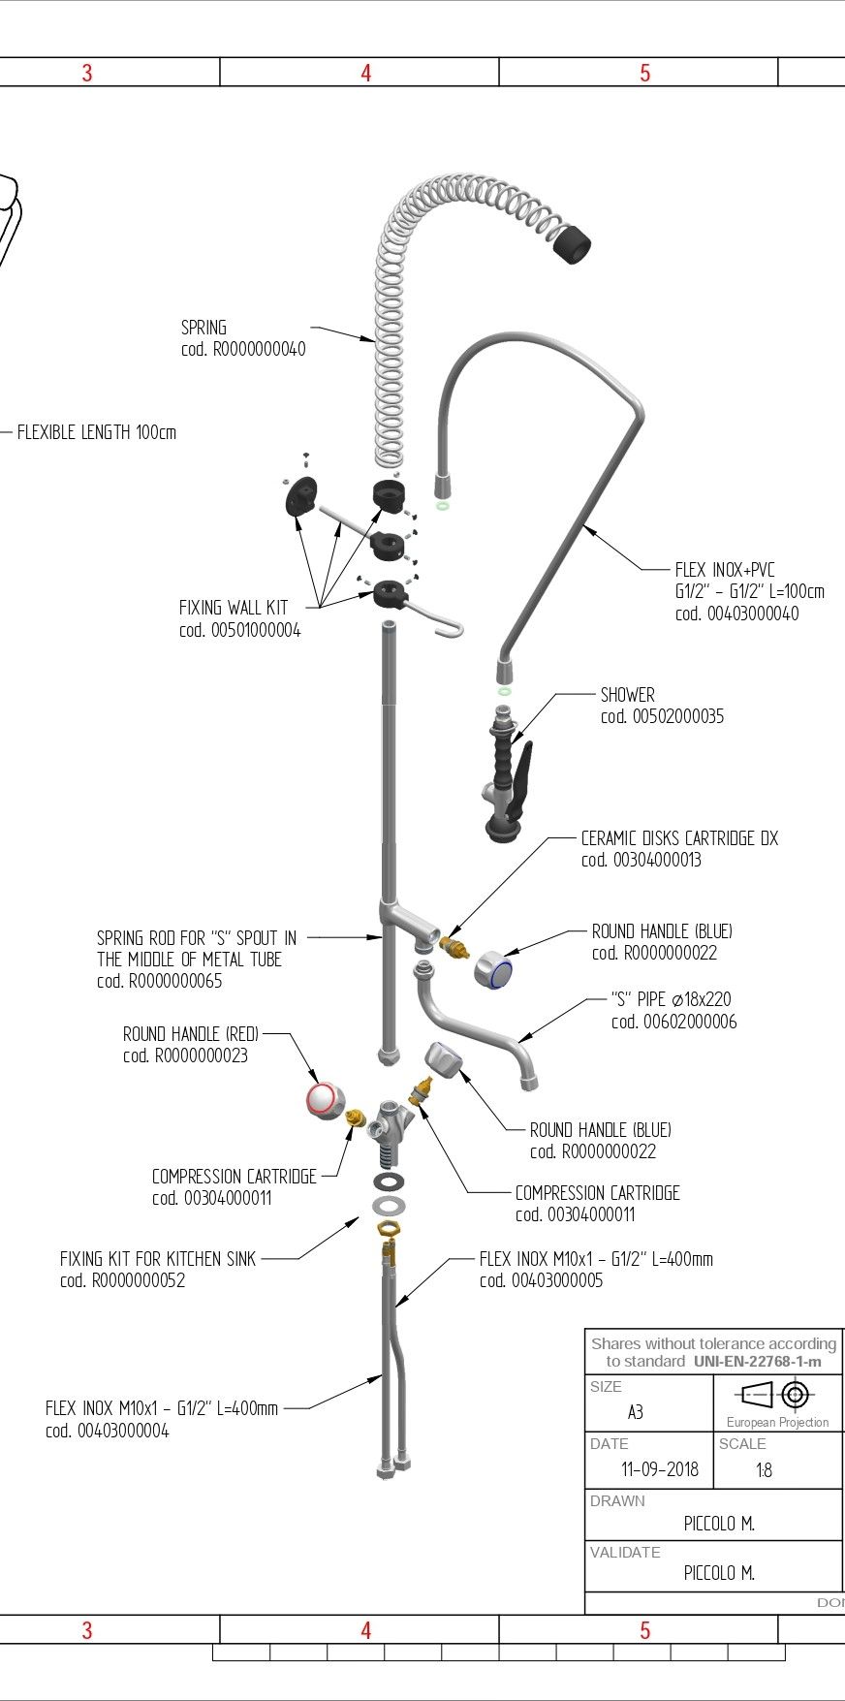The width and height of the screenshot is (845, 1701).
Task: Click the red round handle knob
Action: coord(321,1099)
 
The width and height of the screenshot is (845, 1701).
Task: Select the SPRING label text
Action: coord(203,328)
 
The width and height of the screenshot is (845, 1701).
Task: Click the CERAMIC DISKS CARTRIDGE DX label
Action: coord(679,838)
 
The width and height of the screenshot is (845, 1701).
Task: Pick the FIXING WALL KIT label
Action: coord(234,609)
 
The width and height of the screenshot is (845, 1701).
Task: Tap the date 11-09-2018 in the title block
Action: coord(659,1469)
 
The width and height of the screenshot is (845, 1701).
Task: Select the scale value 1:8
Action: coord(764,1470)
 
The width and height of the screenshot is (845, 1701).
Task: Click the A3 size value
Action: coord(635,1412)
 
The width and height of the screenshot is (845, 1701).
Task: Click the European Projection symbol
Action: coord(777,1396)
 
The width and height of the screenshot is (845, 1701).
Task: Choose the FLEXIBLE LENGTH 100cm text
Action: coord(97,432)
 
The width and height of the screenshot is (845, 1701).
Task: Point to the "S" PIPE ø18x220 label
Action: coord(673,999)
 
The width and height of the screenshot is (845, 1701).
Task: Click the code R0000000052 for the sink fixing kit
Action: coord(122,1280)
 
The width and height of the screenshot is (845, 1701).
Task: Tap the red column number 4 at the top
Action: coord(365,73)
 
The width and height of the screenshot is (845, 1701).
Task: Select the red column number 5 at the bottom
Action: coord(644,1630)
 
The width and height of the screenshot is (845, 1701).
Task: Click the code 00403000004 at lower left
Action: coord(107,1431)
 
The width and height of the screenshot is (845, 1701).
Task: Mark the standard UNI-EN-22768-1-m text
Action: coord(757,1361)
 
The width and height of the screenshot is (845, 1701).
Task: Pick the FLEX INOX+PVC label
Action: coord(725,570)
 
